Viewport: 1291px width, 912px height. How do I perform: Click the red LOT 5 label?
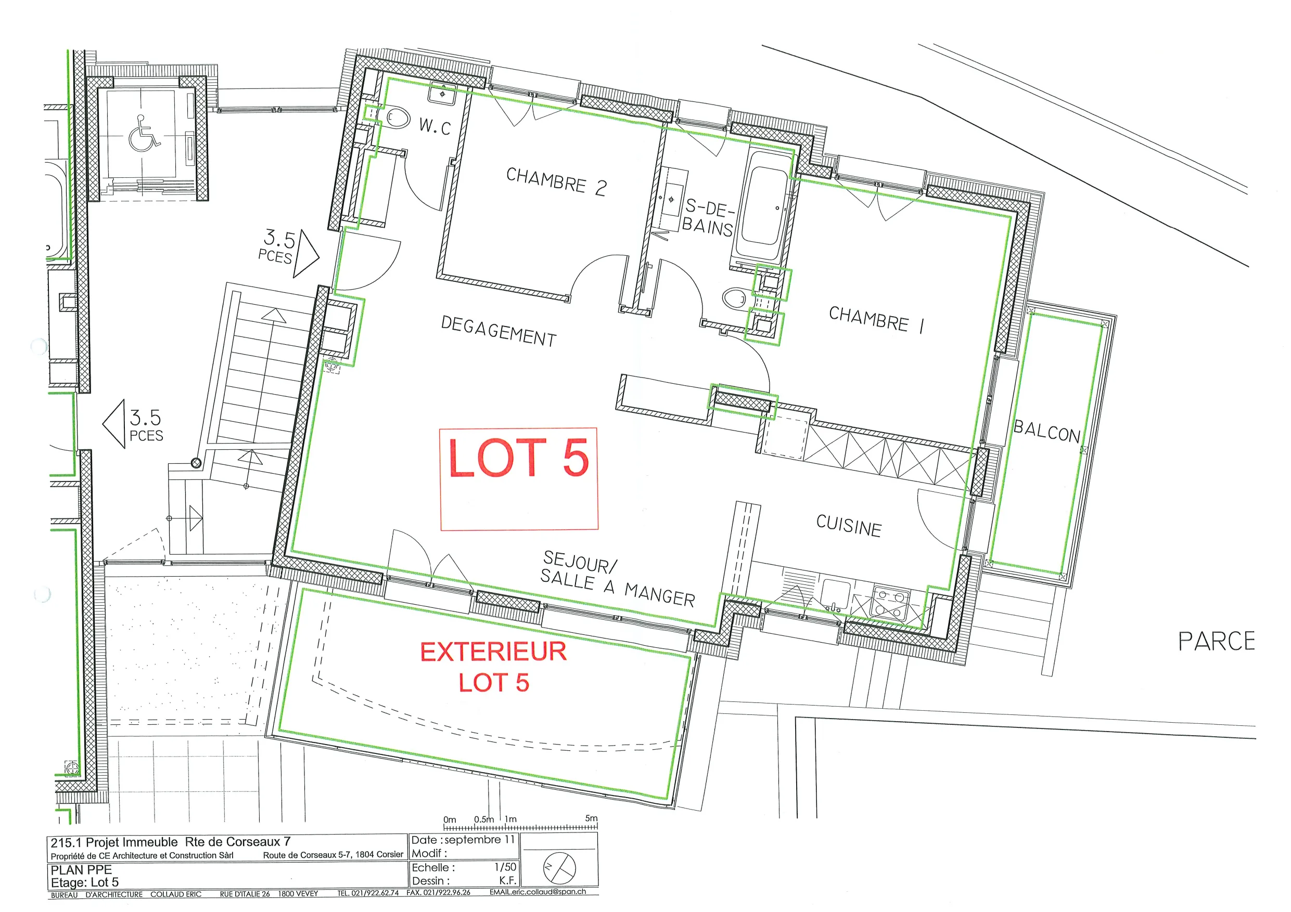[x=518, y=458]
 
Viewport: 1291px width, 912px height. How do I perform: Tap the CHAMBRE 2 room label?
[x=556, y=181]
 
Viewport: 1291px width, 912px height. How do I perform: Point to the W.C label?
[x=434, y=126]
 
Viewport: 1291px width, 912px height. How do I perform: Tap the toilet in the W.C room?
[x=398, y=118]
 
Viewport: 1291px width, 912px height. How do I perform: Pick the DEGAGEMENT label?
[x=498, y=331]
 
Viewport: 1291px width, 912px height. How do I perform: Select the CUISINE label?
[x=849, y=525]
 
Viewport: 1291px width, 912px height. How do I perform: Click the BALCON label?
[x=1047, y=431]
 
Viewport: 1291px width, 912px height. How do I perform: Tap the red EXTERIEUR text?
[x=493, y=652]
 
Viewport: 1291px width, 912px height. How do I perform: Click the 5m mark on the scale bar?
[x=592, y=818]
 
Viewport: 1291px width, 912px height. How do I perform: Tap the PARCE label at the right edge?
[x=1216, y=641]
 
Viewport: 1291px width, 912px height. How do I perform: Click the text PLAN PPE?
[x=81, y=869]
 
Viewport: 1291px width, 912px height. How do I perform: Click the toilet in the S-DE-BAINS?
[x=735, y=298]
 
